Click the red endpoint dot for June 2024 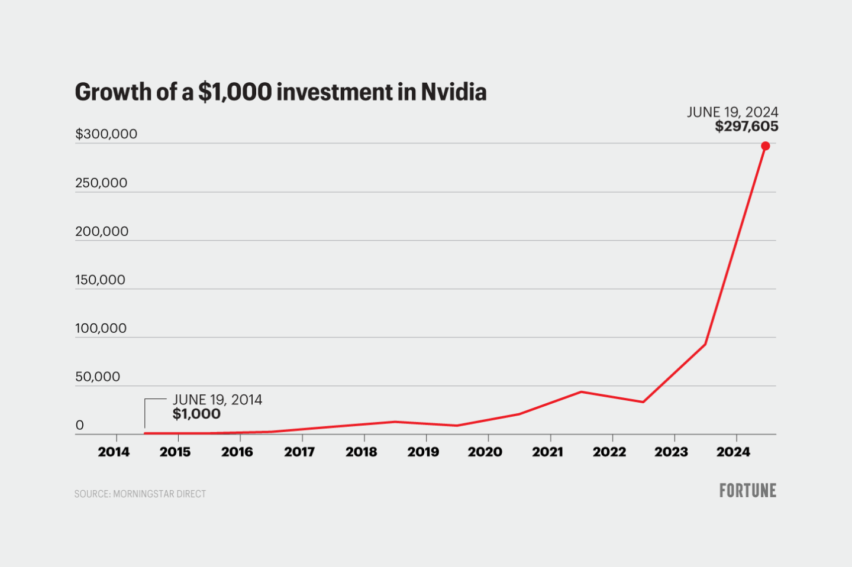765,146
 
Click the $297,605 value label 746,127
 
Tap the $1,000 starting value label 196,414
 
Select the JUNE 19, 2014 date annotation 217,400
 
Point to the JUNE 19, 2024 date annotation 732,112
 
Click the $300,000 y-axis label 106,134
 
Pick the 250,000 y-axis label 101,183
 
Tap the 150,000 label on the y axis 100,280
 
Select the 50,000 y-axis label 98,377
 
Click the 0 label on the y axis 80,426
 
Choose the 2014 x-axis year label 114,452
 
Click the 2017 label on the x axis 299,452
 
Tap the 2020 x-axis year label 485,452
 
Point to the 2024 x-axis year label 733,452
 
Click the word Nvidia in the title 453,92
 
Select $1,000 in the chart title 235,92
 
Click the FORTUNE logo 747,491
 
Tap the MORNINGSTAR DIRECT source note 159,494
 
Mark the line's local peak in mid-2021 581,391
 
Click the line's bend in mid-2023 705,344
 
